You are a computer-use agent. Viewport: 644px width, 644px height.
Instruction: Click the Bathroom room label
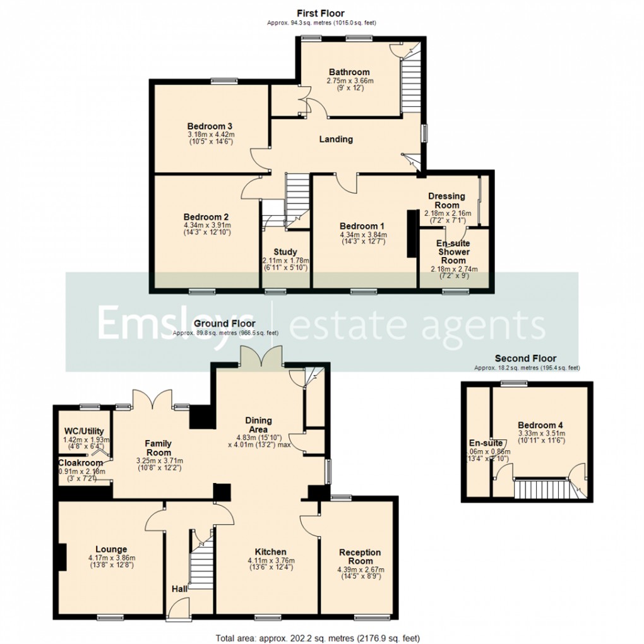tap(349, 72)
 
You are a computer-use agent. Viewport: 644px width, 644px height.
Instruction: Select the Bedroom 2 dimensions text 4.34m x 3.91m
tap(207, 225)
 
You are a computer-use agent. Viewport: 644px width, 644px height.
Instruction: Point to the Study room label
tap(285, 253)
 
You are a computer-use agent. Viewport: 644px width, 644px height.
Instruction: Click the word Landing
tap(335, 140)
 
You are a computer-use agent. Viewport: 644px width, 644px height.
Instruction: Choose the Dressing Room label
tap(447, 201)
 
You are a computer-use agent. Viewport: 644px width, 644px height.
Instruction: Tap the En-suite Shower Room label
tap(453, 251)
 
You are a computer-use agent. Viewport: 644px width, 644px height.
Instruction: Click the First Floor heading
tap(321, 13)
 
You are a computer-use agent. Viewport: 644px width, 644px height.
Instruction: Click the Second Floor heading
tap(526, 359)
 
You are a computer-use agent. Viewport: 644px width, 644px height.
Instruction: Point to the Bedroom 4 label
tap(540, 425)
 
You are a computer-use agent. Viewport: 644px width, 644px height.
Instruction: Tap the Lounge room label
tap(112, 549)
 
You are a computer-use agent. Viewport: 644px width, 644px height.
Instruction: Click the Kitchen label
tap(271, 552)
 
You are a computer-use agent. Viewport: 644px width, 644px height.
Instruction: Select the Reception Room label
tap(361, 557)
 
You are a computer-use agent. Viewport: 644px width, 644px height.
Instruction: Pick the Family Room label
tap(158, 448)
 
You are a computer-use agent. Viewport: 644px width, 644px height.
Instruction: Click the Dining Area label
tap(259, 425)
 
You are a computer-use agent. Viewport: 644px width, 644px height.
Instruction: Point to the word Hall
tap(179, 589)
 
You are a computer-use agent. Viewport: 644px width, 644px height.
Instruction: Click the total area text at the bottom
tap(322, 638)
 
